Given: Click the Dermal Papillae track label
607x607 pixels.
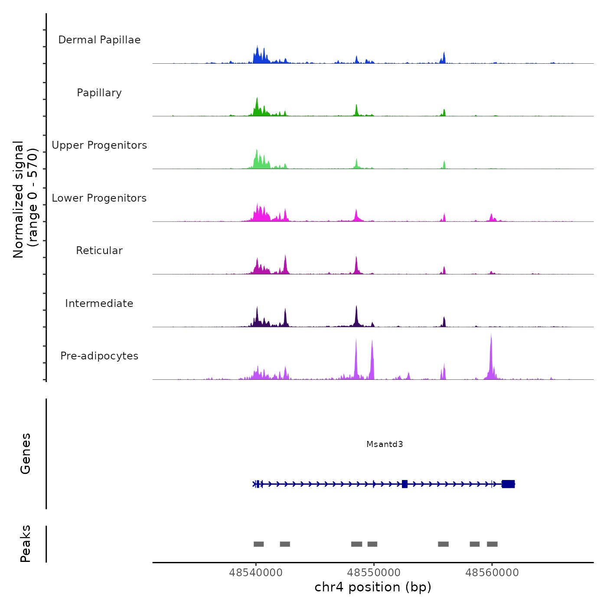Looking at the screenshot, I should point(99,40).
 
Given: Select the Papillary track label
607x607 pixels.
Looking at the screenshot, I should point(99,93).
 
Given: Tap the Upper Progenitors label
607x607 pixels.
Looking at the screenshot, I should point(99,145).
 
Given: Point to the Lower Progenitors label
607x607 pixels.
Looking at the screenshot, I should point(99,198).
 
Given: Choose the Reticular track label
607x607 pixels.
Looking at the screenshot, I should point(99,251).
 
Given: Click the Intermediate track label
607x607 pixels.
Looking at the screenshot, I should point(99,303).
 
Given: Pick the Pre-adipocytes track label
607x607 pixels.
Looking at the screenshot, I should point(99,356).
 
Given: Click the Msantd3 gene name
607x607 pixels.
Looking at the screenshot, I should point(385,444).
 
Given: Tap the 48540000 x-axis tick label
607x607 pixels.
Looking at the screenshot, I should point(256,573).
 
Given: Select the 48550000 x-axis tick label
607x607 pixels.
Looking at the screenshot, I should point(374,573).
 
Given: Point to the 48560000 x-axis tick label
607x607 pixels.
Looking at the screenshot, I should point(492,573).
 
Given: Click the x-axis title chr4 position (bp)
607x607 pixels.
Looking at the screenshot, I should point(373,587).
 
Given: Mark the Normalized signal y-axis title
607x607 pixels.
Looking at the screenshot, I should point(25,199).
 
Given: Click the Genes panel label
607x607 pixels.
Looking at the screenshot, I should point(26,454).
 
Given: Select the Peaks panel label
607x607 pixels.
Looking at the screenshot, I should point(26,544).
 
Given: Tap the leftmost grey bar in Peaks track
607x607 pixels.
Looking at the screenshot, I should point(259,544).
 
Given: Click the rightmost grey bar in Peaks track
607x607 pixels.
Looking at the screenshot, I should point(492,544).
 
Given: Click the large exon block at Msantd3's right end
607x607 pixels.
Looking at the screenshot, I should point(508,484).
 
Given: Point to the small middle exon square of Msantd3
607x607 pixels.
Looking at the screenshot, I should point(405,484).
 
